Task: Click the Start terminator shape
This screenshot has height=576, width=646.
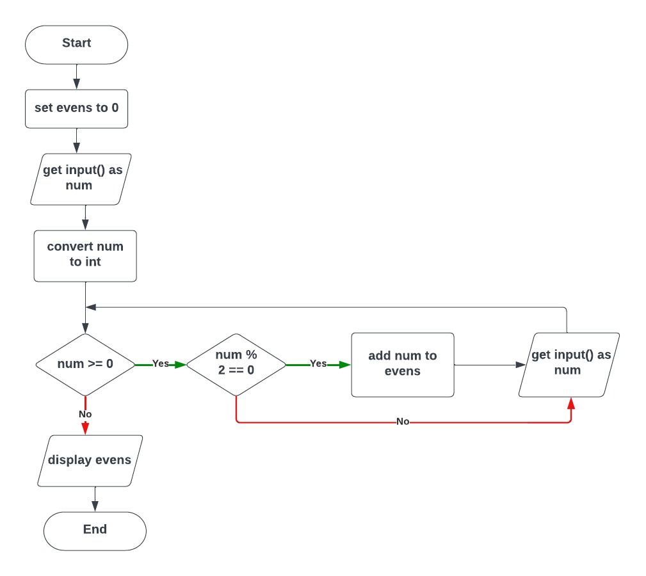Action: click(x=76, y=44)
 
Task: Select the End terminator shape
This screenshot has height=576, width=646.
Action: click(x=95, y=531)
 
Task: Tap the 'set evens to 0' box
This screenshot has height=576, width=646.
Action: click(x=76, y=108)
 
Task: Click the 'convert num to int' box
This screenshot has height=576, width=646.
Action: click(x=85, y=255)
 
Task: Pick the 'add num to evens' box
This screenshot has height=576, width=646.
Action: click(x=402, y=364)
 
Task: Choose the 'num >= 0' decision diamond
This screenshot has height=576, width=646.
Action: click(x=85, y=364)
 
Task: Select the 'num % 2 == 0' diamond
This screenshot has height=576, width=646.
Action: click(x=236, y=364)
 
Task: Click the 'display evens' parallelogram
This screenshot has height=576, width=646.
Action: click(x=90, y=460)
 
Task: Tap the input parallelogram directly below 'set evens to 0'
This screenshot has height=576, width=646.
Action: click(x=81, y=179)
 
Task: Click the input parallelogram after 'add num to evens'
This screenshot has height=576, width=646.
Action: click(x=569, y=364)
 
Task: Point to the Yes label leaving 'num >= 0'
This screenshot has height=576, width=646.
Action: click(x=161, y=364)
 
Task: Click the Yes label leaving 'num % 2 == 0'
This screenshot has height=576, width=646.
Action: click(x=318, y=364)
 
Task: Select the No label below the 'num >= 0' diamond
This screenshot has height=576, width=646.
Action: click(x=85, y=414)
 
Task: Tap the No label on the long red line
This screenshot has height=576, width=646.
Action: click(x=403, y=422)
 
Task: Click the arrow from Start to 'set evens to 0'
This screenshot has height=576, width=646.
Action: click(x=76, y=77)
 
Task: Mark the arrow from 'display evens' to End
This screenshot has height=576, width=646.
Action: click(x=95, y=499)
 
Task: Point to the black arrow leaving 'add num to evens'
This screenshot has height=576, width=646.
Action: click(x=487, y=365)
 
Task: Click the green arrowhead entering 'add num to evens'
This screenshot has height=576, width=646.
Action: click(x=346, y=365)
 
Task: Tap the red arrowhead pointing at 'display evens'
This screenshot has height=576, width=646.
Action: click(x=85, y=429)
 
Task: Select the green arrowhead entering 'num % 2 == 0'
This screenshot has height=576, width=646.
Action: click(x=180, y=365)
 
